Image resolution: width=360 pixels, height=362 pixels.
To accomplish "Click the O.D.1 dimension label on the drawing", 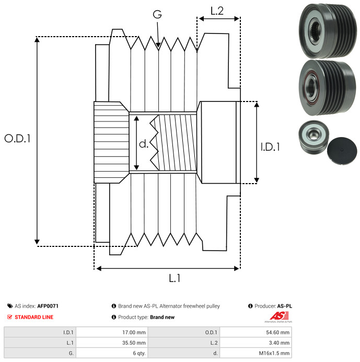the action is (18, 139).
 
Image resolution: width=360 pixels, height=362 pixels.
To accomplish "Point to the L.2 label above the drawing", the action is (217, 11).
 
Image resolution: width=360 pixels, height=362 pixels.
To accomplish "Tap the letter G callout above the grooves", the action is (157, 14).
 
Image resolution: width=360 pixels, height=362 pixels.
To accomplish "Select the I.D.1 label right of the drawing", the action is (270, 147).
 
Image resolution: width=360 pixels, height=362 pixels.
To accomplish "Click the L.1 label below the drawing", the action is (175, 278).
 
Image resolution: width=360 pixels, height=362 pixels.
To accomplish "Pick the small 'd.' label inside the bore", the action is (144, 144).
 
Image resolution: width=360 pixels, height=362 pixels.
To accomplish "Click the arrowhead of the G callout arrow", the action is (158, 45).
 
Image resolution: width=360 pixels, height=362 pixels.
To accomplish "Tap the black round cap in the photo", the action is (342, 151).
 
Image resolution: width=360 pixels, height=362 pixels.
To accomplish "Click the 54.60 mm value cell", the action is (256, 332).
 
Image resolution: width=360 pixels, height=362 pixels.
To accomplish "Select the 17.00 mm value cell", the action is (112, 332).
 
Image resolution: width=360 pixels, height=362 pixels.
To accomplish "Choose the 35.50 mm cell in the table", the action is (112, 343).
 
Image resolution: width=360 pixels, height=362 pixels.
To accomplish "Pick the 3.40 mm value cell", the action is (256, 343).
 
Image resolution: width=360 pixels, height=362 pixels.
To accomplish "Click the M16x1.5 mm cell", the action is (256, 353).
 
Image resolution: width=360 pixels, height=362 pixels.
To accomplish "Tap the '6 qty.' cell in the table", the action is (112, 353).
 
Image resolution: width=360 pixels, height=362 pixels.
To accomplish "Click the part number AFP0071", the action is (48, 306).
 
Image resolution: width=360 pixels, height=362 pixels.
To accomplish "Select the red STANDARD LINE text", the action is (34, 317).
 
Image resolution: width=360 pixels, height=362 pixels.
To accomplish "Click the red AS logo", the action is (279, 315).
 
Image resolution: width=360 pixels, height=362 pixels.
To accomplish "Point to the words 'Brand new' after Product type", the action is (162, 317).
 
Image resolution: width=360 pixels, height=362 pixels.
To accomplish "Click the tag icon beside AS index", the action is (10, 306).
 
